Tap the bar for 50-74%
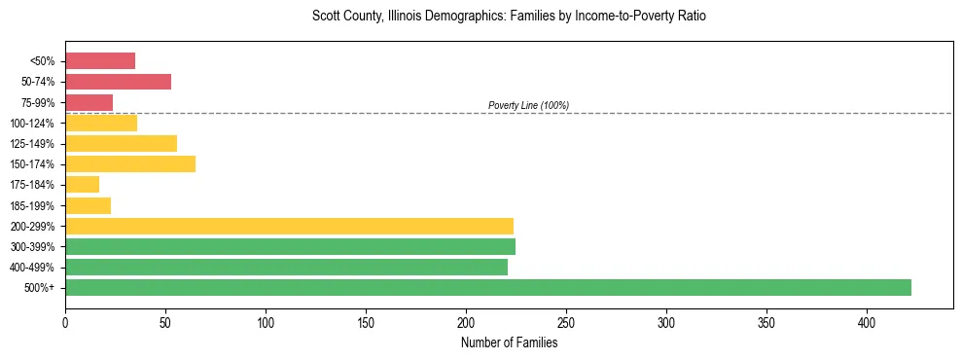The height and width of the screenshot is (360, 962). [118, 82]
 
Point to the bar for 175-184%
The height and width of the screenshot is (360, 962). [82, 185]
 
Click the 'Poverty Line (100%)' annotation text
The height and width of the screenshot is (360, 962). [528, 105]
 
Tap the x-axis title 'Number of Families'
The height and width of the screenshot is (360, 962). [509, 342]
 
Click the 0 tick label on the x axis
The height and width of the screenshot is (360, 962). [65, 321]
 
